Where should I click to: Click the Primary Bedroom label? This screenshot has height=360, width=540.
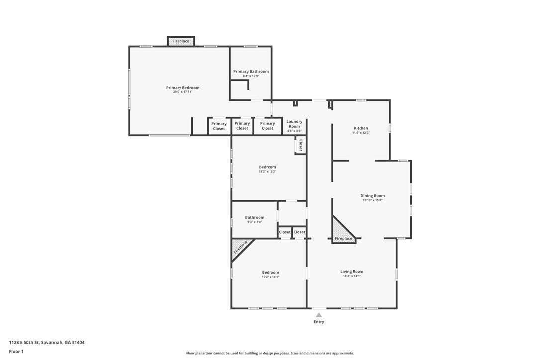tap(182, 88)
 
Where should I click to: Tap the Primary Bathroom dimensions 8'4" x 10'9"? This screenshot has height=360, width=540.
tap(251, 76)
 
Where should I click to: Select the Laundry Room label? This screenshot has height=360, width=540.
tap(294, 124)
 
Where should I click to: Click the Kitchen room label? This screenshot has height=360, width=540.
tap(361, 128)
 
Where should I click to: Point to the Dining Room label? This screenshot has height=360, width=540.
tap(372, 196)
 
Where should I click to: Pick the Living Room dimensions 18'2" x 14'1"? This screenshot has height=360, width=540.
tap(352, 276)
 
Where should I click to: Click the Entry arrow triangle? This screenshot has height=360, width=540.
tap(319, 315)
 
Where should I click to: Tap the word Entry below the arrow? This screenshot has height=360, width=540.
tap(319, 322)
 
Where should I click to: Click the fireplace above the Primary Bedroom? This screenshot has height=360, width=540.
tap(181, 41)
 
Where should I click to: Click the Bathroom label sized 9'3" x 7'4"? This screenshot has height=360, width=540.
tap(255, 217)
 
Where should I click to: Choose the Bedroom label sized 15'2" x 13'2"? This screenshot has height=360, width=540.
tap(268, 167)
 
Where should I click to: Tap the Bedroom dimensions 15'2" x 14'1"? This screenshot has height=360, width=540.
tap(270, 277)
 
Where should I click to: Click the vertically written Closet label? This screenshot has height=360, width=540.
tap(301, 145)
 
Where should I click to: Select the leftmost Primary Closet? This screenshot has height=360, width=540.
tap(219, 126)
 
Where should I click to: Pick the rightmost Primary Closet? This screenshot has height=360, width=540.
tap(268, 126)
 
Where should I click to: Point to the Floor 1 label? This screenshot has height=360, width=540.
tap(16, 352)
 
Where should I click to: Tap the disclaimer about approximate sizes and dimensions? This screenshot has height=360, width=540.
tap(270, 353)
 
